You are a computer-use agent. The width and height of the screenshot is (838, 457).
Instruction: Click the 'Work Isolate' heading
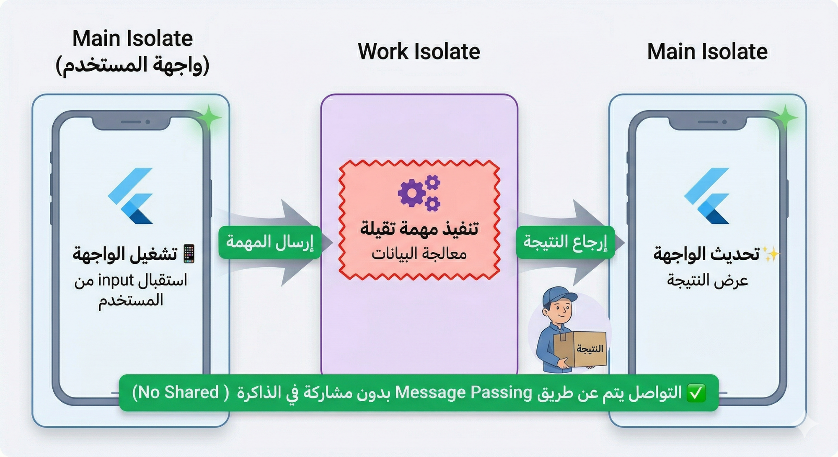[x=419, y=52]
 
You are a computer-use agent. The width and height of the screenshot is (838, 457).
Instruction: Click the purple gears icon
[x=419, y=193]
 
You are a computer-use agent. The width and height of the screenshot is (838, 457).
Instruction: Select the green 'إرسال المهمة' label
[x=270, y=242]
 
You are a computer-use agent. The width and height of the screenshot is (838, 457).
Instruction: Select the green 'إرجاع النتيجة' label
[x=565, y=242]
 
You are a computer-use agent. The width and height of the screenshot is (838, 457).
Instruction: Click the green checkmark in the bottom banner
[x=696, y=393]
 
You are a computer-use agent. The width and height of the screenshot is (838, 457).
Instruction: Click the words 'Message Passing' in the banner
[x=463, y=392]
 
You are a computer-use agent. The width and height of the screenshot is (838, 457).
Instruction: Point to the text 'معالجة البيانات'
[x=419, y=254]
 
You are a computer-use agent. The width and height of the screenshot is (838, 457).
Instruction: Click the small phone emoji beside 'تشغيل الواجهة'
[x=189, y=254]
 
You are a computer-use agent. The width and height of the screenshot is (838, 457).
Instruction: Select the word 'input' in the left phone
[x=116, y=280]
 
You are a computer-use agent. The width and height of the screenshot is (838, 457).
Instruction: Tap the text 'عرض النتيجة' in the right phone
[x=707, y=280]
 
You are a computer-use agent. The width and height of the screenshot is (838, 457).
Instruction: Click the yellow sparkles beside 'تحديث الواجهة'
[x=770, y=254]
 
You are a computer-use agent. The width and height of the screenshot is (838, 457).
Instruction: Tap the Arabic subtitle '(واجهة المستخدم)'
[x=132, y=65]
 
